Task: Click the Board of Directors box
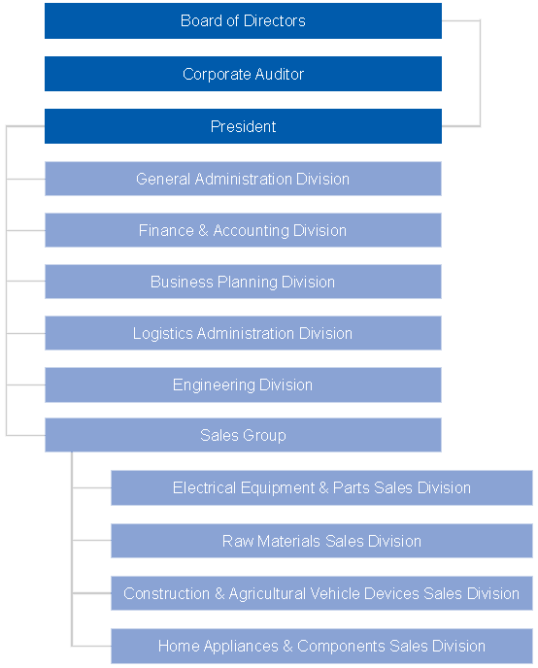click(243, 21)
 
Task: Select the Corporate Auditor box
click(243, 74)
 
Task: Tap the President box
click(243, 126)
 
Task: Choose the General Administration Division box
click(243, 179)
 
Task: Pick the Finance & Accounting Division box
click(243, 230)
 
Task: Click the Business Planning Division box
click(243, 282)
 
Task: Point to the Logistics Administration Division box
click(243, 333)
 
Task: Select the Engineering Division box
click(243, 384)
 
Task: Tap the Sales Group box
click(243, 435)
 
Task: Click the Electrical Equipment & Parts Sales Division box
click(321, 487)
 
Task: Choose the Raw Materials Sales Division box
click(321, 541)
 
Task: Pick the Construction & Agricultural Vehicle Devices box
click(321, 593)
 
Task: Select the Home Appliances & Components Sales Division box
click(321, 646)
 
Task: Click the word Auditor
click(280, 74)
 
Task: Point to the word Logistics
click(163, 334)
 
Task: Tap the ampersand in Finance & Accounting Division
click(203, 230)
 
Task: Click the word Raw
click(237, 541)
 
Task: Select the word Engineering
click(214, 385)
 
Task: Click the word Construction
click(167, 593)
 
